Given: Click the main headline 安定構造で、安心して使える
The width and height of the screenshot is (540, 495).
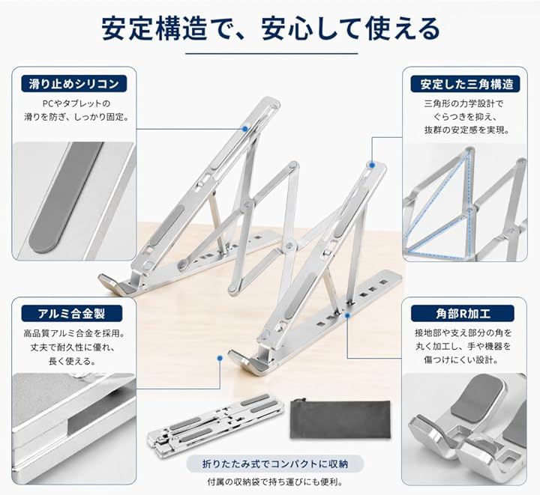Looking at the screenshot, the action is (271, 28).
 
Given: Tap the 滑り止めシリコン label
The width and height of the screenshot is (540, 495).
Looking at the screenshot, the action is (74, 84).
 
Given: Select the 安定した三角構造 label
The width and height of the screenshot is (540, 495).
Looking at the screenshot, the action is (465, 84).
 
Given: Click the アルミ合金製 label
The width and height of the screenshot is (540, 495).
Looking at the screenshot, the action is (72, 314).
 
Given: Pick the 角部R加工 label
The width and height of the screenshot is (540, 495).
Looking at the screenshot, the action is (463, 314).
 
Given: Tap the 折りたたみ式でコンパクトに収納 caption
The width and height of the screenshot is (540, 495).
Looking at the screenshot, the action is (275, 464).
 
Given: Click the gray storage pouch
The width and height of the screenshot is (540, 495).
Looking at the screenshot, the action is (340, 419).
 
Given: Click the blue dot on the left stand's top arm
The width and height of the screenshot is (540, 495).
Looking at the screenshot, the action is (244, 129).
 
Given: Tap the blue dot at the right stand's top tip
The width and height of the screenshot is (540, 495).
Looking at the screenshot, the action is (372, 165).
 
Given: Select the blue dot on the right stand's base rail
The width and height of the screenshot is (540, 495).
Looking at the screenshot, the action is (347, 315).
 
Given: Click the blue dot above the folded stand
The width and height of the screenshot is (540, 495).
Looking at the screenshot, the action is (220, 358).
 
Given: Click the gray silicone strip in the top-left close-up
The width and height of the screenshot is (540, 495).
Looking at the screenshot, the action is (65, 198).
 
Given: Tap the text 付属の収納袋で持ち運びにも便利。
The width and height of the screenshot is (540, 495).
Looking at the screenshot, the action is (275, 482).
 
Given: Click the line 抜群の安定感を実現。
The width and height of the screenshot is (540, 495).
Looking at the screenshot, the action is (467, 130).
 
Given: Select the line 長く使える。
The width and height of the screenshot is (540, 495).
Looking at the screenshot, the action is (72, 361).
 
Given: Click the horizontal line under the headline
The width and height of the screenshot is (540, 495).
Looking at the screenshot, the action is (271, 54).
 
